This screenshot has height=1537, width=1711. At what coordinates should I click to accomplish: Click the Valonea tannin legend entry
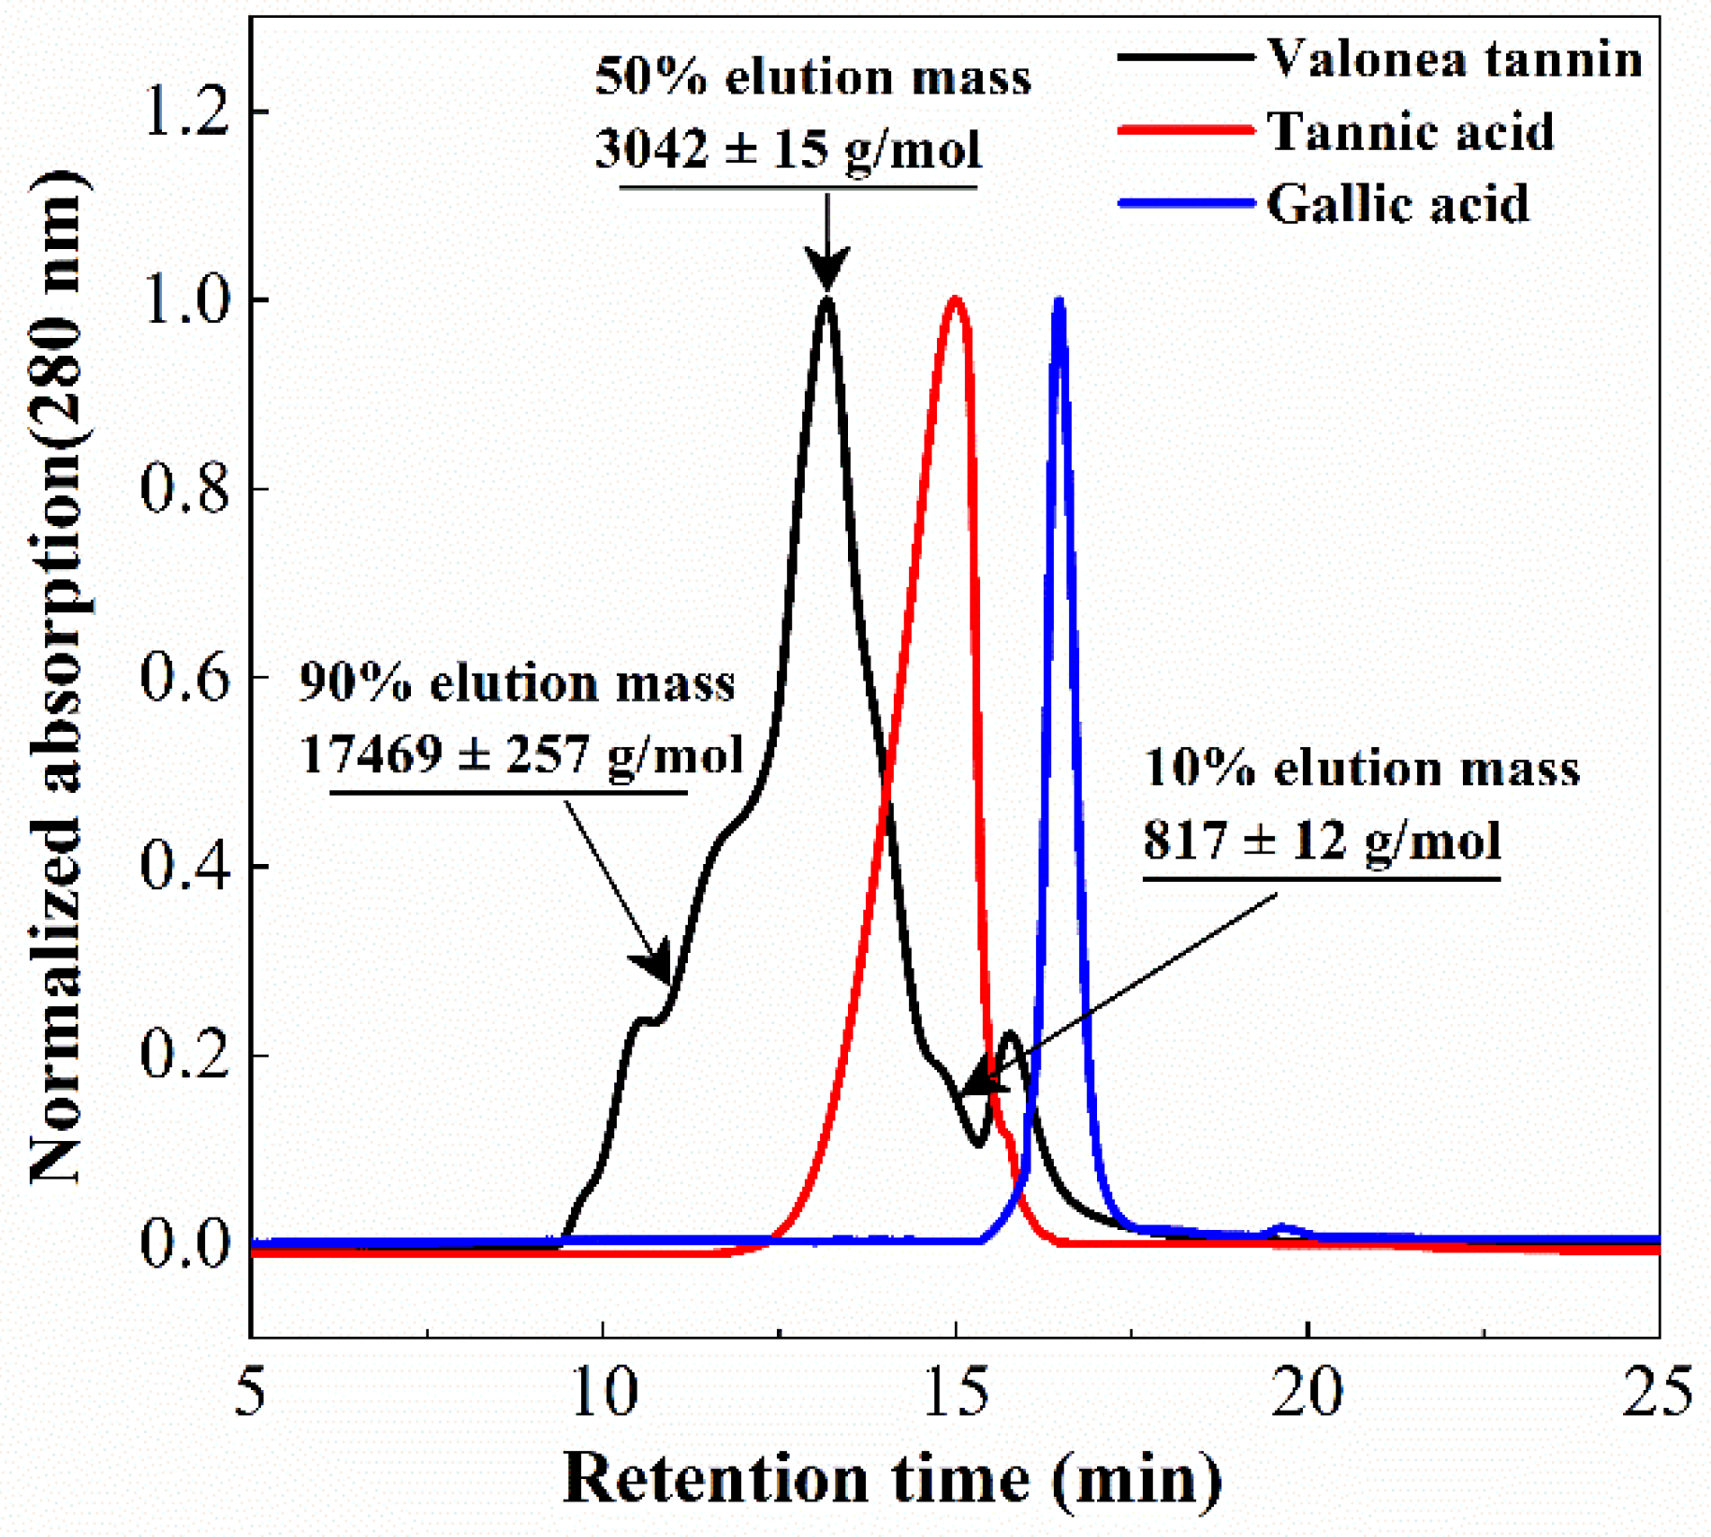click(x=1454, y=59)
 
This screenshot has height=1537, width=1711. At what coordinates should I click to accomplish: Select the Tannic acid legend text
click(x=1410, y=131)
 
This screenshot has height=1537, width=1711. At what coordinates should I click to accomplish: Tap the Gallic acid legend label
click(x=1397, y=203)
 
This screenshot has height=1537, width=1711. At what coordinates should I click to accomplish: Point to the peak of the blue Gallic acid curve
click(x=1059, y=301)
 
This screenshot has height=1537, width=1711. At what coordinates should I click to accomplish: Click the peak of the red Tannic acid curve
click(x=955, y=300)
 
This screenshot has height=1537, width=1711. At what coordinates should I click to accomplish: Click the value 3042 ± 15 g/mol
click(x=788, y=150)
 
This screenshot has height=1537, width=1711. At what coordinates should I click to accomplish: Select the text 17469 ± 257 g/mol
click(x=521, y=754)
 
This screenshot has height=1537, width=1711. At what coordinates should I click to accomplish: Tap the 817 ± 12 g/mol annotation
click(x=1322, y=840)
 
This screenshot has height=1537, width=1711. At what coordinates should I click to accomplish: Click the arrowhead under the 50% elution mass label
click(x=826, y=271)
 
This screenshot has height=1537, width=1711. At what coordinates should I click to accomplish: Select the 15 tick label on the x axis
click(x=956, y=1393)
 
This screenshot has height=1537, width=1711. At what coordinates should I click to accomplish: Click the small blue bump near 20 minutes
click(x=1287, y=1228)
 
